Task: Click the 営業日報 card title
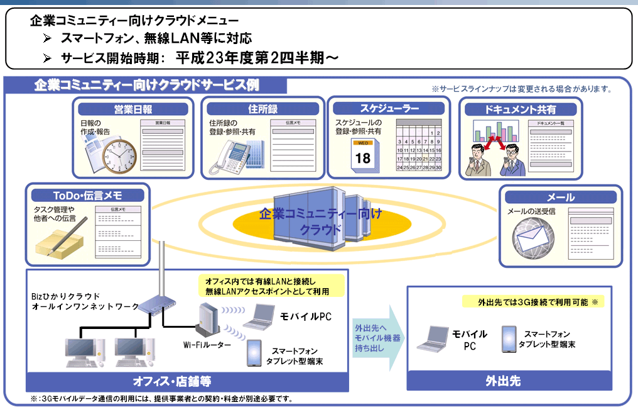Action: (132, 109)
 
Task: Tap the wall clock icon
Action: (119, 154)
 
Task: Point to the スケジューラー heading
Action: (389, 108)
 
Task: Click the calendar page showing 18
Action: (363, 155)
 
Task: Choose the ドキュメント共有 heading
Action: (520, 109)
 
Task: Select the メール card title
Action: (560, 197)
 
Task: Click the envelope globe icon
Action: (533, 238)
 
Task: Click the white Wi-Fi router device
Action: (208, 318)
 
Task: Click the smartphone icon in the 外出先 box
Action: (509, 338)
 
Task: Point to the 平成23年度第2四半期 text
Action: (257, 57)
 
